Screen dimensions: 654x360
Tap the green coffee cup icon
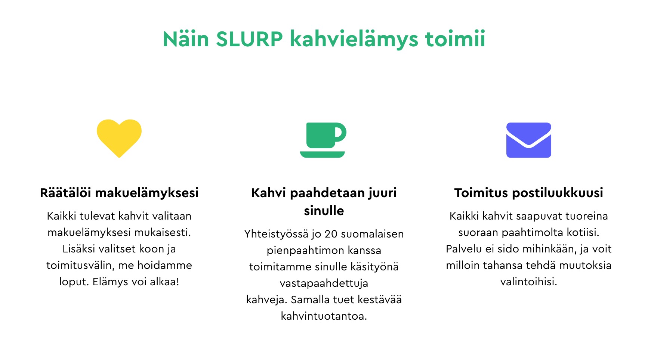[323, 140]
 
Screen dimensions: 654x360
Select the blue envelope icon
[528, 140]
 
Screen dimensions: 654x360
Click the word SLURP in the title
[249, 39]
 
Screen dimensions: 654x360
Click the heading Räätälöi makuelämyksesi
[119, 193]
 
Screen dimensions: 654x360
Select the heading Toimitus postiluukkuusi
[528, 193]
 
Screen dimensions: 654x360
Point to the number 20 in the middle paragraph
[331, 234]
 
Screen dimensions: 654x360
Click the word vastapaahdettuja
[324, 283]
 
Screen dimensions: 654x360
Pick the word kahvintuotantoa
[324, 316]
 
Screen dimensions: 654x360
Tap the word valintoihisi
[528, 282]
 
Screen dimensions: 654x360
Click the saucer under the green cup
[322, 154]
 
